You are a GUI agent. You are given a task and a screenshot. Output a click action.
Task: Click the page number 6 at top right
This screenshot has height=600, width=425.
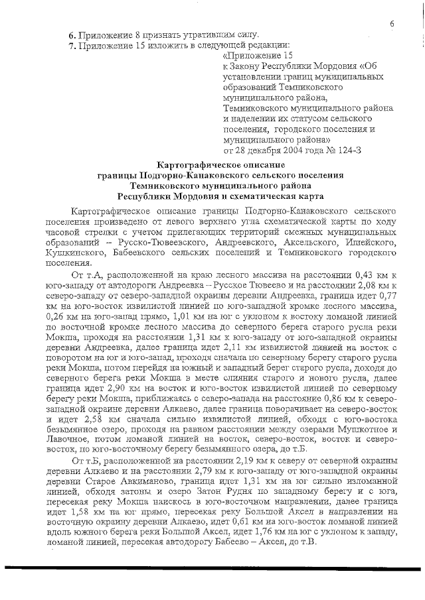pos(392,24)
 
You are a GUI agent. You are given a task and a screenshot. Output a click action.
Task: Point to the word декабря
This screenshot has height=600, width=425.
pos(261,151)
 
